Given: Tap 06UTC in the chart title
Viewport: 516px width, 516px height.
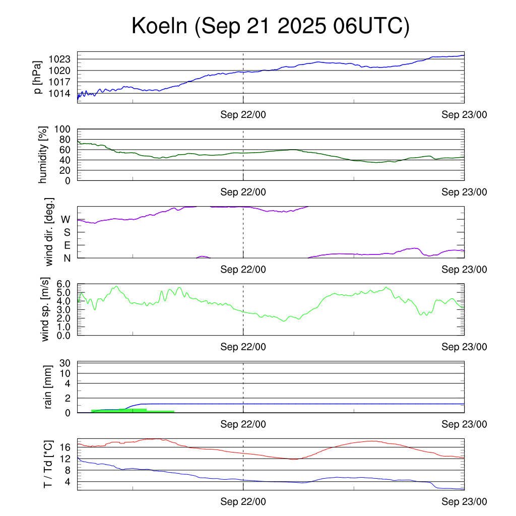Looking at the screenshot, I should point(370,26).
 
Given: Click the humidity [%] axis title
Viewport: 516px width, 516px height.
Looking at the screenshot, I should point(43,155).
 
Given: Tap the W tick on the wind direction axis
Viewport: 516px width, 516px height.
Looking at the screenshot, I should point(66,219).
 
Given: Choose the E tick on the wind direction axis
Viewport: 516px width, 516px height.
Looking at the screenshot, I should point(67,245).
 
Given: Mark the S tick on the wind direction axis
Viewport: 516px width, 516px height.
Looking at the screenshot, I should point(67,232).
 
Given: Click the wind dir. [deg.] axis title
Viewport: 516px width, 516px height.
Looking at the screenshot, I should point(49,232).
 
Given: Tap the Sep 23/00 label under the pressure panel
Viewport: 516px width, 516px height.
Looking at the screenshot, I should point(465,115).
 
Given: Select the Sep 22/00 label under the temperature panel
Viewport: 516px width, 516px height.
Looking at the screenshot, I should point(243,502).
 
